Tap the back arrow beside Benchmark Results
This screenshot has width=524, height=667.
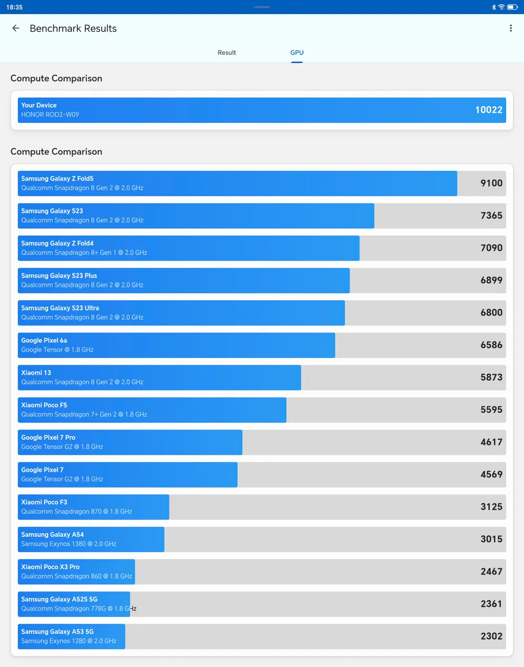pos(16,28)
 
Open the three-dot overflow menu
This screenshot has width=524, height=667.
pos(511,28)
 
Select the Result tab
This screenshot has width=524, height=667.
pos(227,52)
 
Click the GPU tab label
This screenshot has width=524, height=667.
pos(297,52)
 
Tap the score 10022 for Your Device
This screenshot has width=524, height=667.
pos(488,110)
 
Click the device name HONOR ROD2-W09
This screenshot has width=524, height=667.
pos(50,114)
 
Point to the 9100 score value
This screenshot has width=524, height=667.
pos(491,183)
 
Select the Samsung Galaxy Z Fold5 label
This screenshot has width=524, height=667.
pos(57,178)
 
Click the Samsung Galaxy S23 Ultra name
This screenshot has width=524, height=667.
pos(60,308)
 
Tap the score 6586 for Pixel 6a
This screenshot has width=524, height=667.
pos(491,345)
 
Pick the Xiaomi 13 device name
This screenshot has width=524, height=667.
pos(36,373)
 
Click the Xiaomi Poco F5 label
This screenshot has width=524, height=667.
pos(44,405)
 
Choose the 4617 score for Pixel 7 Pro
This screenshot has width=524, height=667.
pos(491,442)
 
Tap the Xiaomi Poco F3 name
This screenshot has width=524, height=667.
pos(44,502)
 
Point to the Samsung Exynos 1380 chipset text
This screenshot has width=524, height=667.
pos(69,544)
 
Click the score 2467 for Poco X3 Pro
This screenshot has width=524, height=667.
pos(491,571)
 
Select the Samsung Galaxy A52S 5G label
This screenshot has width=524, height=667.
pos(59,599)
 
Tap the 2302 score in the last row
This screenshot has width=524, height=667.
pos(491,636)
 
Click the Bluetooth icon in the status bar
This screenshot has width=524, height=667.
pos(494,7)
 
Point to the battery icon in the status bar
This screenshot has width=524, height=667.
pos(512,7)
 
